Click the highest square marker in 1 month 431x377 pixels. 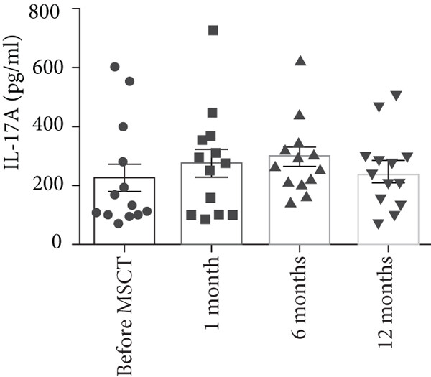click(x=213, y=30)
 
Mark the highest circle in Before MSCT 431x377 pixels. click(x=114, y=67)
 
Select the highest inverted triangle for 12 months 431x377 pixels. click(x=396, y=96)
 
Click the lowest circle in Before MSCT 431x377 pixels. click(x=119, y=223)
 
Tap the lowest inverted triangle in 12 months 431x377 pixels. click(x=379, y=224)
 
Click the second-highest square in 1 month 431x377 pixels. click(x=213, y=113)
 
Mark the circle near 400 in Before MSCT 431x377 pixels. click(x=123, y=127)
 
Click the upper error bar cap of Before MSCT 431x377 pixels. click(x=124, y=164)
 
